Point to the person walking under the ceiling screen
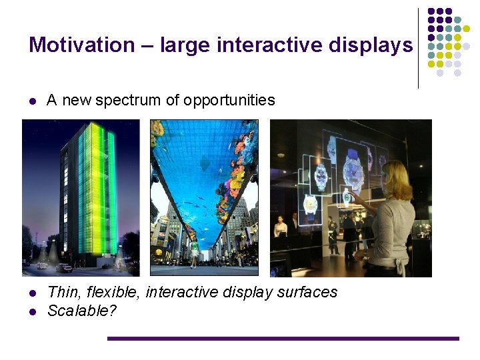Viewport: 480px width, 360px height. coord(195,252)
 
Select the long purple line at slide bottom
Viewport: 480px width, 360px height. coord(283,339)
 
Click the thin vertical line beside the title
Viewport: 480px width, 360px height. coord(418,48)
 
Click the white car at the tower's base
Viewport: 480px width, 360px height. coord(65,267)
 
